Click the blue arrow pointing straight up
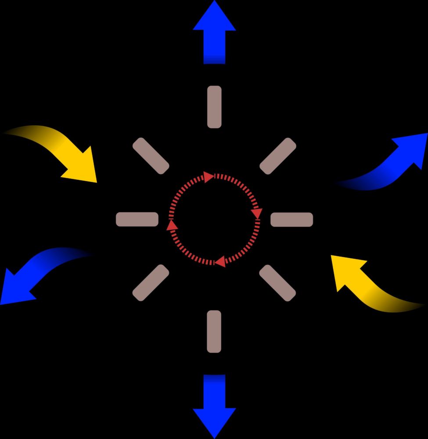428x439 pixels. point(214,33)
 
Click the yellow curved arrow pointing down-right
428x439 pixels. point(61,149)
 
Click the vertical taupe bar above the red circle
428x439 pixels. point(214,107)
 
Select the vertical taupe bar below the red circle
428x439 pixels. point(214,331)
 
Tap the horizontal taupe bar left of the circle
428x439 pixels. point(137,219)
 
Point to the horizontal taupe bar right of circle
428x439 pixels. point(291,219)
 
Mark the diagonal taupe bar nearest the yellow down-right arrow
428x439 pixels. point(151,155)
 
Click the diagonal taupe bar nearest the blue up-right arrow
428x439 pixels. point(278,155)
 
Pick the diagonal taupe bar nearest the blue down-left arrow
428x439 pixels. point(151,283)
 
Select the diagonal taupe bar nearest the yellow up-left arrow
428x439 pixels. point(278,283)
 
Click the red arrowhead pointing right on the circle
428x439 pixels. point(209,177)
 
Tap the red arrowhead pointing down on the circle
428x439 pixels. point(257,214)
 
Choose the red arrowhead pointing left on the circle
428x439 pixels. point(220,262)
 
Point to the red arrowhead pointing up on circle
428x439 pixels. point(172,225)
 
